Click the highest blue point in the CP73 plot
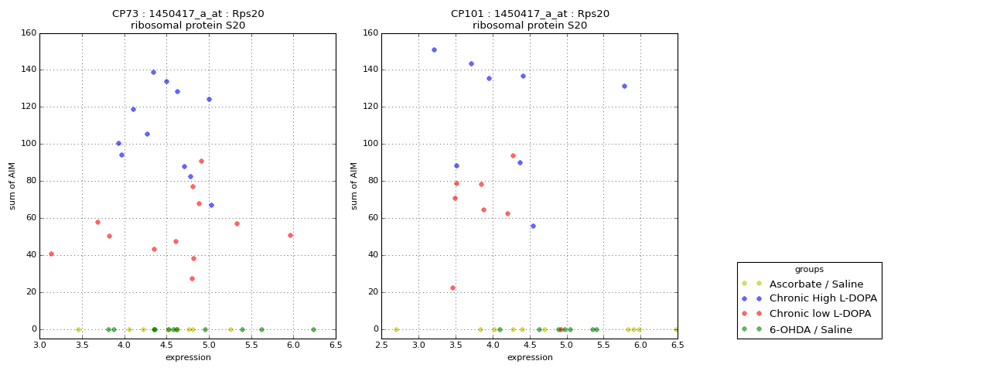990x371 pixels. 153,73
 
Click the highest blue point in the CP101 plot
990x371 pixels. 434,50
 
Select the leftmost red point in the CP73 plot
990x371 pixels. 51,254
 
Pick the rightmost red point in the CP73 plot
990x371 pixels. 290,236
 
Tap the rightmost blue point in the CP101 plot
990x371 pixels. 624,86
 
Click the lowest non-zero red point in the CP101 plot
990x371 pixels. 452,288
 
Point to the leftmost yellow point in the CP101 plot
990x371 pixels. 396,329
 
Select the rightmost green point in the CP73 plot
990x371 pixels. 313,329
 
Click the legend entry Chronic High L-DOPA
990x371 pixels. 823,298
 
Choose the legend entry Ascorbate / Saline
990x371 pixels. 816,284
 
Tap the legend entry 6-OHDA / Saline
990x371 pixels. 811,329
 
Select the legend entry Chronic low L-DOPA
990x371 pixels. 820,314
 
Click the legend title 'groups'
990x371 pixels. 809,269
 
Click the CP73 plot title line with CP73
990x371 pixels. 188,14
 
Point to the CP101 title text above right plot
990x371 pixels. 530,14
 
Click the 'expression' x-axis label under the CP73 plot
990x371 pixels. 188,357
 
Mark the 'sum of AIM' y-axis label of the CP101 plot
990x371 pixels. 353,186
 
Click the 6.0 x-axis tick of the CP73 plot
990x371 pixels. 293,345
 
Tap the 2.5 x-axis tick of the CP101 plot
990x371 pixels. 381,345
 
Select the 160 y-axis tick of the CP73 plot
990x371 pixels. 29,32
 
